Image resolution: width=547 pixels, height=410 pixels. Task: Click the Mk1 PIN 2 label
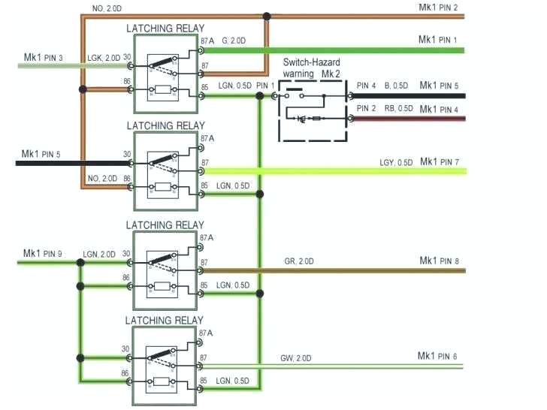[x=438, y=8]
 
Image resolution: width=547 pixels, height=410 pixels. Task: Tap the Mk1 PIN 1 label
[x=438, y=39]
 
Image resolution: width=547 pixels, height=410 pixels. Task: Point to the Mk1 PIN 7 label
[x=439, y=162]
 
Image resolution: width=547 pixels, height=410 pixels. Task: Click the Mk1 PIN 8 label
[x=439, y=261]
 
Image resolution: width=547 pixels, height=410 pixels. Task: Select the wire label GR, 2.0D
[x=299, y=261]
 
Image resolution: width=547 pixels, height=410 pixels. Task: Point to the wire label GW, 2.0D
[x=296, y=357]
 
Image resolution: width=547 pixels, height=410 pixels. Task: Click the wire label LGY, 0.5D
[x=395, y=163]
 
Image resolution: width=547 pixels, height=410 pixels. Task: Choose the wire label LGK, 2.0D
[x=102, y=57]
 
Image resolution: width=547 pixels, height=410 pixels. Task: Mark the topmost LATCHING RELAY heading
[x=165, y=29]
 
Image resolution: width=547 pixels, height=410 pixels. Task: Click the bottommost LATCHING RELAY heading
[x=165, y=320]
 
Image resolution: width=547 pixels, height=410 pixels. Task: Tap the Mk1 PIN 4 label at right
[x=439, y=110]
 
